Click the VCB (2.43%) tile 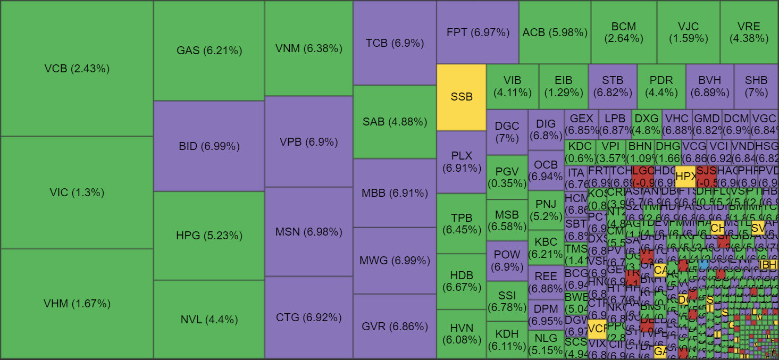77,69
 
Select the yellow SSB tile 462,97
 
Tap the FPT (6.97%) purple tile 478,32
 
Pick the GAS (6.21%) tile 209,51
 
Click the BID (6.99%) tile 209,146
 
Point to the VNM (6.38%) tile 308,48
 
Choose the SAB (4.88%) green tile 395,122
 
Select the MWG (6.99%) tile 395,261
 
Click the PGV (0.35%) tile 507,177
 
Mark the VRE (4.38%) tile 749,32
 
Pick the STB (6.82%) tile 613,87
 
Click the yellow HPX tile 685,176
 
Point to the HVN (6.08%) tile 461,334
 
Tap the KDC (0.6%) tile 580,152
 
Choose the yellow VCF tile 597,329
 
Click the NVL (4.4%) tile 209,320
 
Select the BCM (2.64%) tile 624,32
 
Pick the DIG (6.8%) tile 546,130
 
